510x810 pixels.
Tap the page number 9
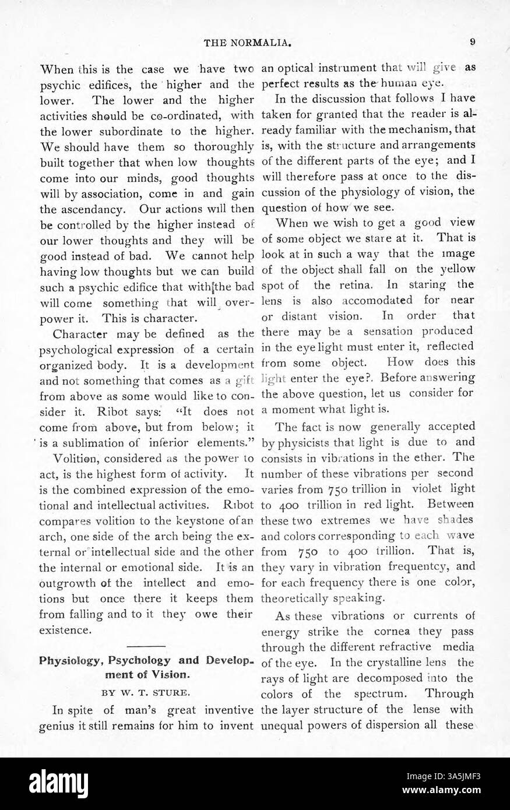point(473,42)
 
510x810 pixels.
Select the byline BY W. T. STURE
point(147,693)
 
